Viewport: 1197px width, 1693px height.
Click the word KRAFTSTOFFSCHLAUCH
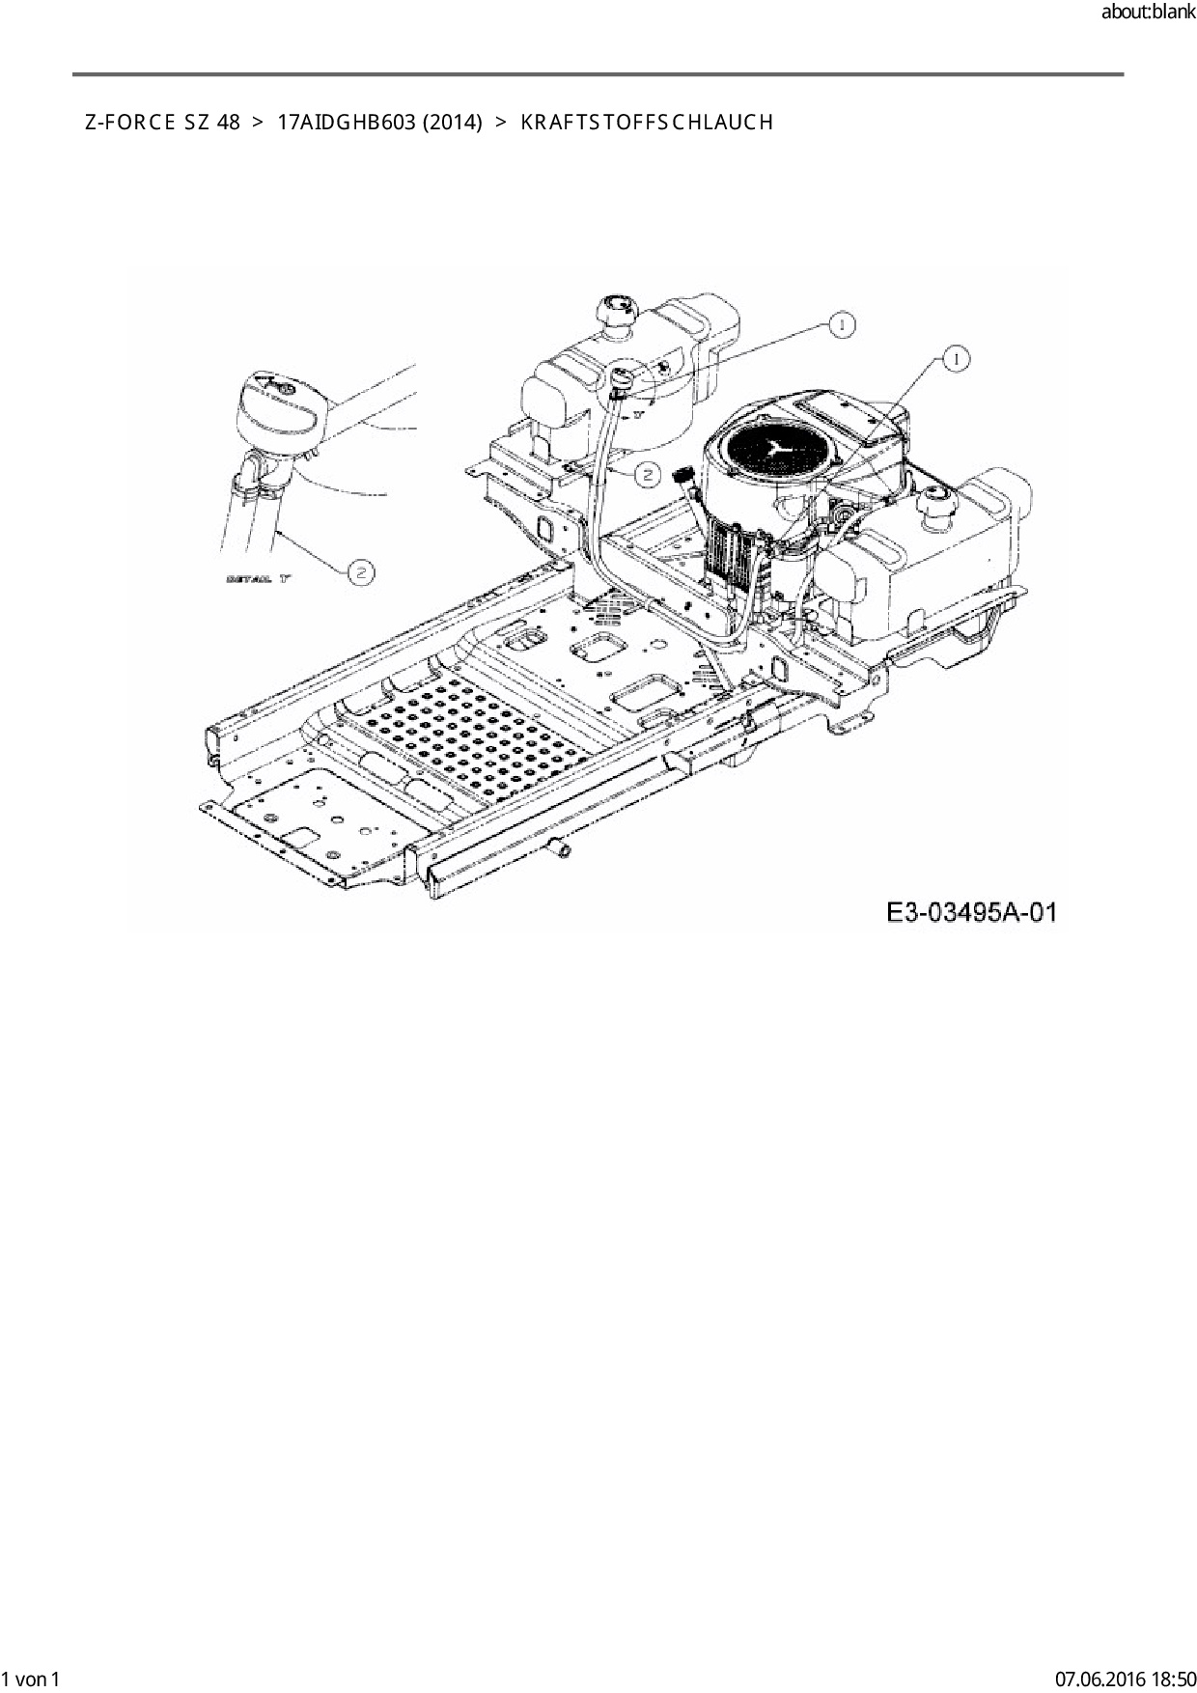point(647,123)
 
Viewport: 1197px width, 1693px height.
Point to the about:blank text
point(1148,13)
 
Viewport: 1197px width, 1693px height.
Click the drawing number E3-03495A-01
point(972,912)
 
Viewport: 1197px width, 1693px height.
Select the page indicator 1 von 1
point(32,1679)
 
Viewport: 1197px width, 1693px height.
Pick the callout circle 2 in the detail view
point(361,572)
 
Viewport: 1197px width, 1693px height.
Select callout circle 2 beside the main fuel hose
point(648,473)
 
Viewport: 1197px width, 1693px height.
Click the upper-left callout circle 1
point(842,325)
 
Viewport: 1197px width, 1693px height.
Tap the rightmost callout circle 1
point(956,359)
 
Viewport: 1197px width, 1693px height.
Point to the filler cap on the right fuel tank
point(936,503)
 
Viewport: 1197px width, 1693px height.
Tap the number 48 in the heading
point(229,123)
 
